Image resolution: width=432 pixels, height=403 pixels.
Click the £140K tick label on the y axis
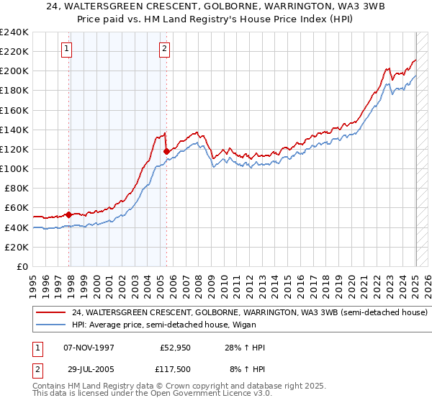[14, 130]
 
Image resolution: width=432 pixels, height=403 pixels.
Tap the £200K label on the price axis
[14, 71]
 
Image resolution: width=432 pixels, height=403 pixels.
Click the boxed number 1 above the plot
[66, 49]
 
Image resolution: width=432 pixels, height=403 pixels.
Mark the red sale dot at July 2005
[166, 151]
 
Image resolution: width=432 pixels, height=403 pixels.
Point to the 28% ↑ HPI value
[244, 348]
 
